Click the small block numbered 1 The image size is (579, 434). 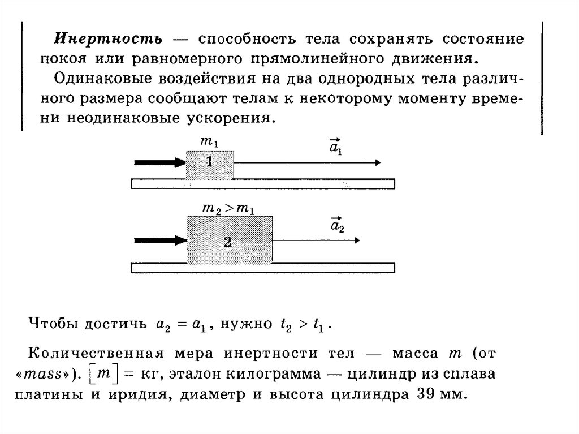tap(210, 164)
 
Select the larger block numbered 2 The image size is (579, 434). tap(230, 239)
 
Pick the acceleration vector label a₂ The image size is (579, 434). tap(337, 224)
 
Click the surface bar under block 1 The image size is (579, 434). tap(263, 183)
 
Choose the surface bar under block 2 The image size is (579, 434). tap(263, 268)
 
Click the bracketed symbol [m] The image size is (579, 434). tap(103, 375)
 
